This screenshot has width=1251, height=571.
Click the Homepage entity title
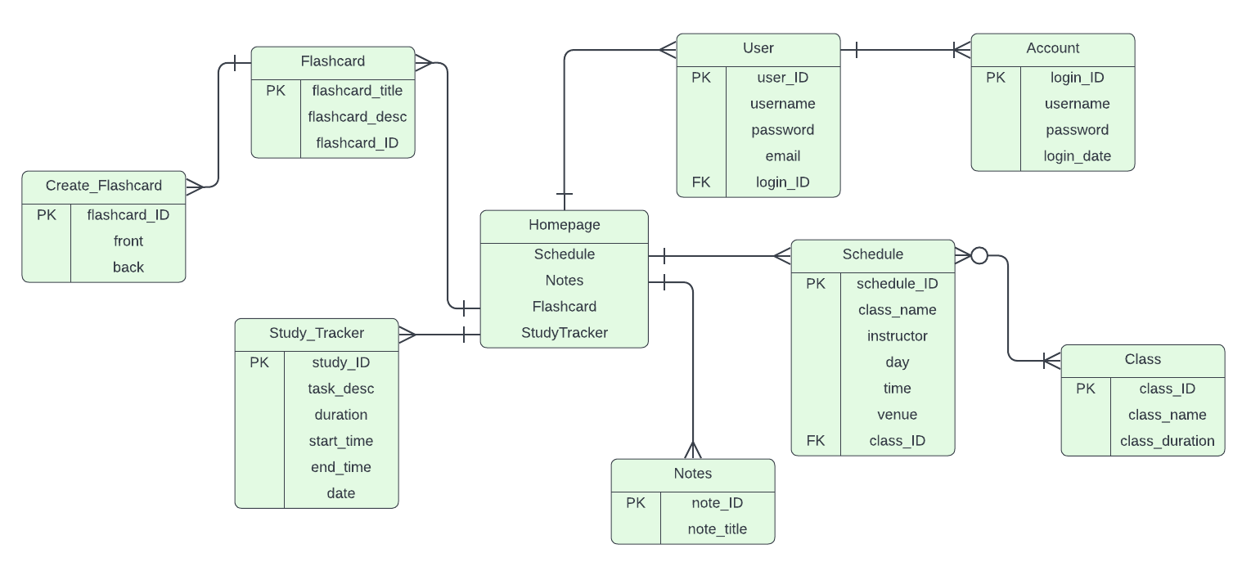[x=564, y=225]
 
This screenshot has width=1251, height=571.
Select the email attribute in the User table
[x=782, y=156]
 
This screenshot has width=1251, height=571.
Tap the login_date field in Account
[x=1077, y=156]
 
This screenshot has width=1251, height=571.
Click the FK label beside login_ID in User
[x=701, y=182]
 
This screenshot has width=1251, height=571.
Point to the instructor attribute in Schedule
[x=897, y=336]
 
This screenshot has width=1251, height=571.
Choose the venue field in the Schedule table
[x=897, y=415]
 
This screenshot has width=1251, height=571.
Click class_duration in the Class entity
[x=1167, y=441]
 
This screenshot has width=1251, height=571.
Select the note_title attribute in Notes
[x=717, y=529]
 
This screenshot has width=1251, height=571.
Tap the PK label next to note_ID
[x=636, y=503]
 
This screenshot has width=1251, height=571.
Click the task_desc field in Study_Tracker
[x=340, y=389]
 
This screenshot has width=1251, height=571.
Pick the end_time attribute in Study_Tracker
[x=340, y=467]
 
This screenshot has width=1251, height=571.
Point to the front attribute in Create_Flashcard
[x=128, y=241]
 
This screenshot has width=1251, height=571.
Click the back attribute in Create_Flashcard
[x=128, y=268]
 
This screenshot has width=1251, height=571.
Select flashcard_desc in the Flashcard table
[x=357, y=117]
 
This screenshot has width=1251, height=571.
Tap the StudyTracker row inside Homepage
[x=564, y=333]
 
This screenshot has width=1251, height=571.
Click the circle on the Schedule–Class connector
[x=979, y=256]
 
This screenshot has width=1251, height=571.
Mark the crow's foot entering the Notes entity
[x=693, y=450]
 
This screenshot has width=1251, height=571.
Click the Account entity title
[x=1052, y=48]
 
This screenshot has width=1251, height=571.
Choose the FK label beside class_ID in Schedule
[x=816, y=441]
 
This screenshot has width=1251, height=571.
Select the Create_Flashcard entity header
[x=104, y=186]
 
